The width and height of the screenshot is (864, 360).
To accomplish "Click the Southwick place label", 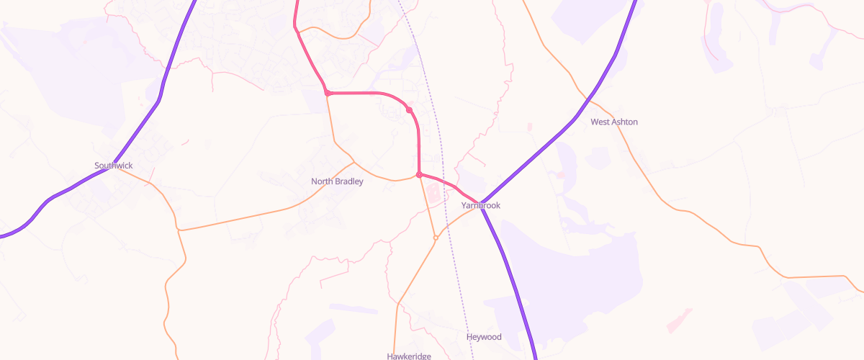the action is point(114,166).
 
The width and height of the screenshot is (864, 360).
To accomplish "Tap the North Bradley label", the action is point(337,181).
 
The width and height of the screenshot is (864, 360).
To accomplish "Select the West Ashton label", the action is point(613,122).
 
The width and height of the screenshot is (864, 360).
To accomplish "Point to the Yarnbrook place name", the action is point(480,206).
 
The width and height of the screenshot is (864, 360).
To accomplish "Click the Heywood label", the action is point(484,337).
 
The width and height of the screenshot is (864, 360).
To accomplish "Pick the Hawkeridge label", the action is point(408,356).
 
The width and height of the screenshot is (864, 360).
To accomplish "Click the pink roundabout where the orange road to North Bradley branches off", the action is point(328,93).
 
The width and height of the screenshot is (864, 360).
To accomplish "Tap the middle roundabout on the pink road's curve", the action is point(409,110).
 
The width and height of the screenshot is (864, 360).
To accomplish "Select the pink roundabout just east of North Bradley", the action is point(419,175).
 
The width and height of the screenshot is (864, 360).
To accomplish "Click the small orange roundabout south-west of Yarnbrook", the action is point(436,238).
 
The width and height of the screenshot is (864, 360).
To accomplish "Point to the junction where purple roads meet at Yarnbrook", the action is point(481,202).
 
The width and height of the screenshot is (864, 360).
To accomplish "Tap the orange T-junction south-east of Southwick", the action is point(179,230).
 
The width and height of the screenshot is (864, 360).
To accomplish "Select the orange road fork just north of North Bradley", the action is point(353,162).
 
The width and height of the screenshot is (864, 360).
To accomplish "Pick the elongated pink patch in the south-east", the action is point(679,320).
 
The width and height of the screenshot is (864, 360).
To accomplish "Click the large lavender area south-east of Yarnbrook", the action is point(576,266).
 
